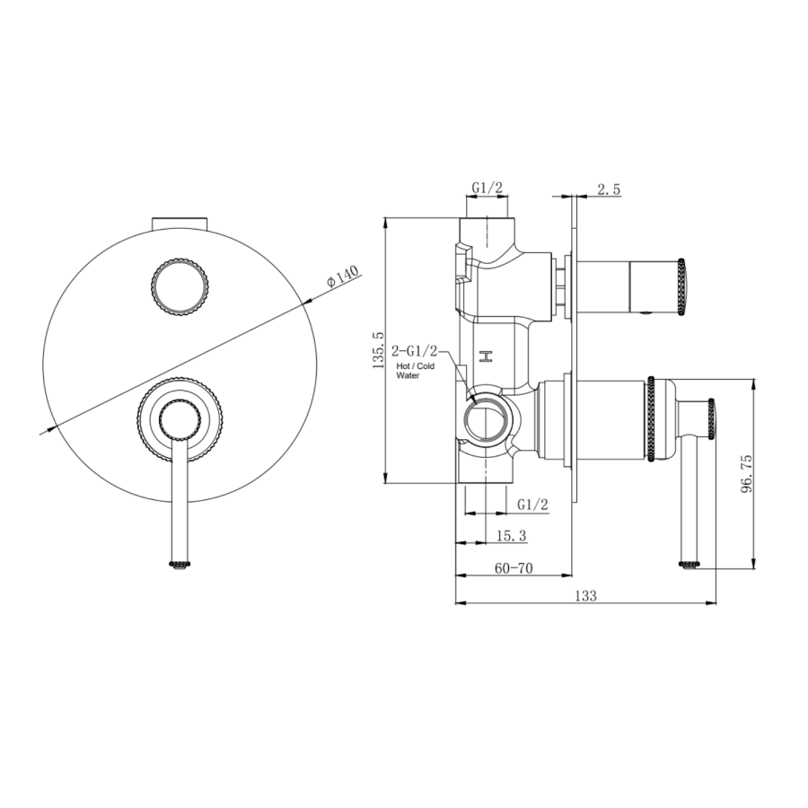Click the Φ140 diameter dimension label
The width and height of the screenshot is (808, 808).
(x=343, y=276)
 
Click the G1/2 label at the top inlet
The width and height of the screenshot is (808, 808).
(x=487, y=188)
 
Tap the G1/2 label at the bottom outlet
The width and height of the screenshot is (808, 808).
(x=532, y=505)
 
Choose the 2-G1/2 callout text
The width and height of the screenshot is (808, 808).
(x=417, y=349)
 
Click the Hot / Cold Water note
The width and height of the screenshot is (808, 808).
(x=415, y=371)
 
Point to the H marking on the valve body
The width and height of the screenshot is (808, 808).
(x=487, y=356)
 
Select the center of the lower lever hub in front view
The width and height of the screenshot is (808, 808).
(x=180, y=422)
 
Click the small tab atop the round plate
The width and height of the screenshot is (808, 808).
(x=180, y=222)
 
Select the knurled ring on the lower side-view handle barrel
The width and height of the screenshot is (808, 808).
(x=651, y=419)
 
